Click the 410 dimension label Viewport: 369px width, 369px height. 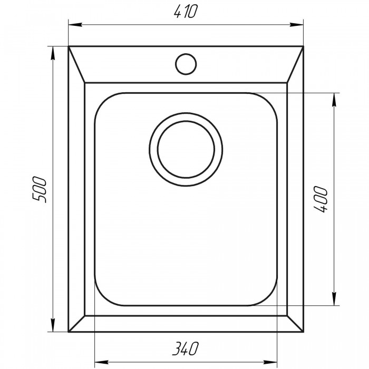pos(185,11)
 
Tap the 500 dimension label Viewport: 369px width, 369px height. pos(39,189)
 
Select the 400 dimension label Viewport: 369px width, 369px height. pos(321,199)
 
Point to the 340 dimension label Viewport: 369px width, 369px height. pos(186,348)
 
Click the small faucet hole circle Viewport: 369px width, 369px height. pos(186,64)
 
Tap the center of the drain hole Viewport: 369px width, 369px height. pos(186,149)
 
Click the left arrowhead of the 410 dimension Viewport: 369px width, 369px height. pos(75,24)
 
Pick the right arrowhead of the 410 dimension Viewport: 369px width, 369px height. pos(296,24)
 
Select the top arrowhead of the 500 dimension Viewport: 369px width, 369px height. pos(53,53)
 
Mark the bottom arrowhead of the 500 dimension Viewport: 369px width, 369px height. pos(53,325)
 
